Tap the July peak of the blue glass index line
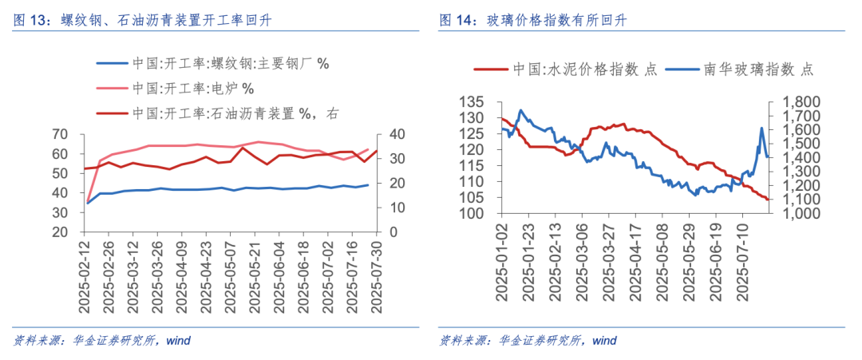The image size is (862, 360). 761,129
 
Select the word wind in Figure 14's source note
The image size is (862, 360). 604,341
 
